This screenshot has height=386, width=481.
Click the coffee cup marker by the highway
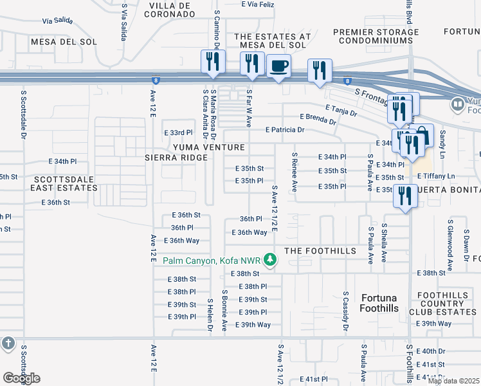coord(278,66)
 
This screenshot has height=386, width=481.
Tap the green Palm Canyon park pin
coord(271,260)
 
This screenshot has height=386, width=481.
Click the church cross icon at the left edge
coord(8,344)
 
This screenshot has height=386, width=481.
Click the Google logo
coord(21,378)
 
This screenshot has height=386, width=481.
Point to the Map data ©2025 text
coord(453,381)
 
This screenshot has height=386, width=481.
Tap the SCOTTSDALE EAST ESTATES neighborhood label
coord(65,183)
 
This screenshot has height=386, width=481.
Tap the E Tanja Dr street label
coord(341,110)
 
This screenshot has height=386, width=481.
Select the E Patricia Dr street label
coord(285,129)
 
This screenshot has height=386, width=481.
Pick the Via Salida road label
coord(56,21)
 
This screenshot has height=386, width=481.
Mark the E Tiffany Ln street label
coord(436,176)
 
